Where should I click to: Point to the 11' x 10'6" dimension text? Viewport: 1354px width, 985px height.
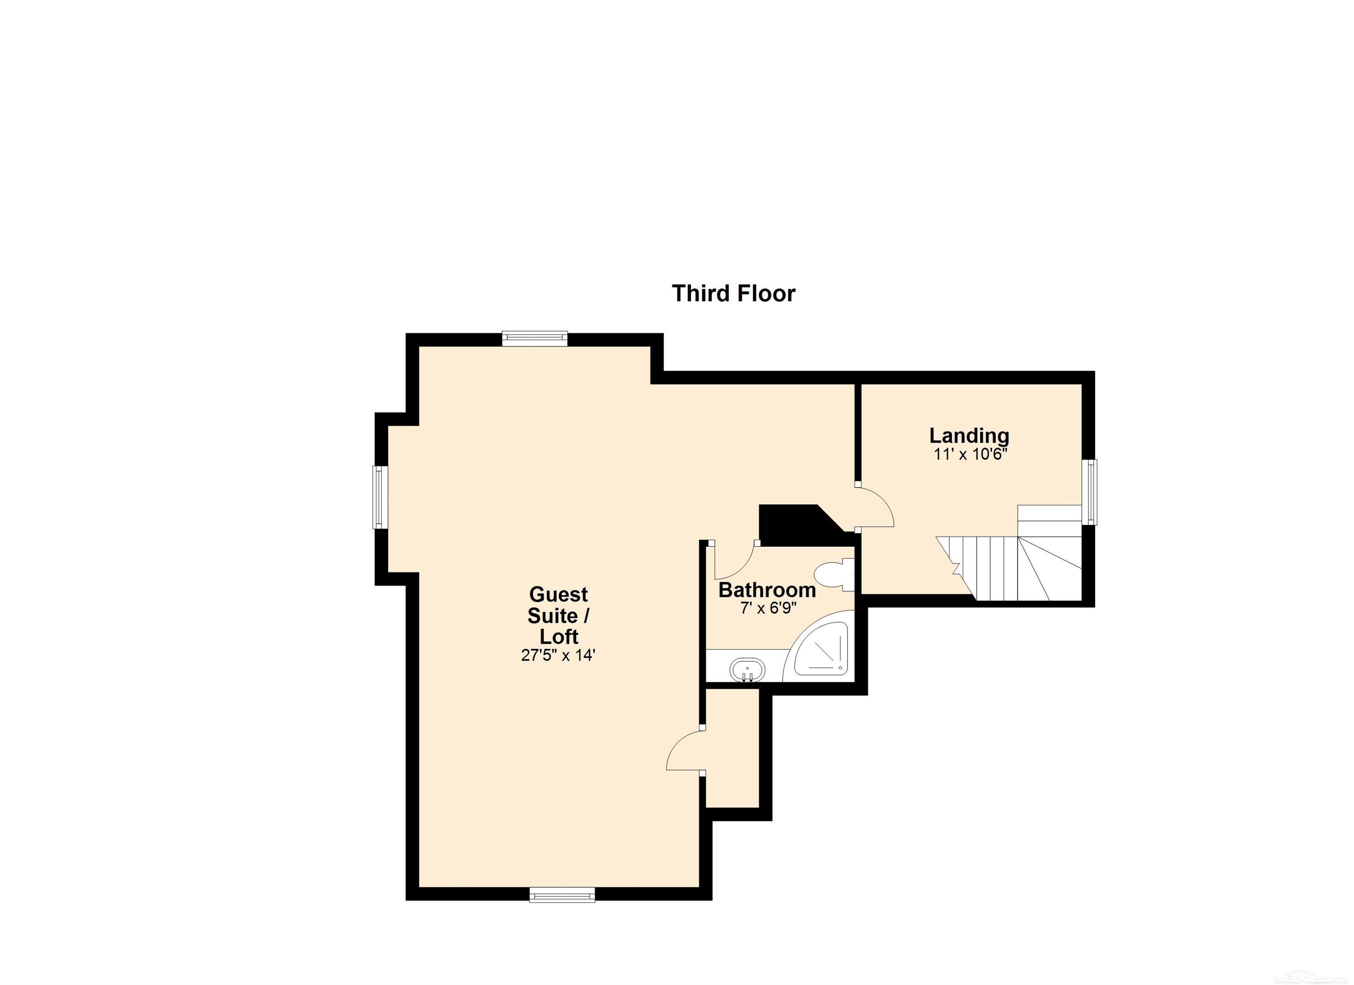click(970, 455)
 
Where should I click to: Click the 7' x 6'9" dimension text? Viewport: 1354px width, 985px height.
click(768, 609)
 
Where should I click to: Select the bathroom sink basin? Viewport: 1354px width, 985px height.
click(747, 670)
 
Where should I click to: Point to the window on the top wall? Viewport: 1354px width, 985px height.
click(534, 339)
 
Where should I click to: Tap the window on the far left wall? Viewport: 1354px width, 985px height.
click(380, 497)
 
